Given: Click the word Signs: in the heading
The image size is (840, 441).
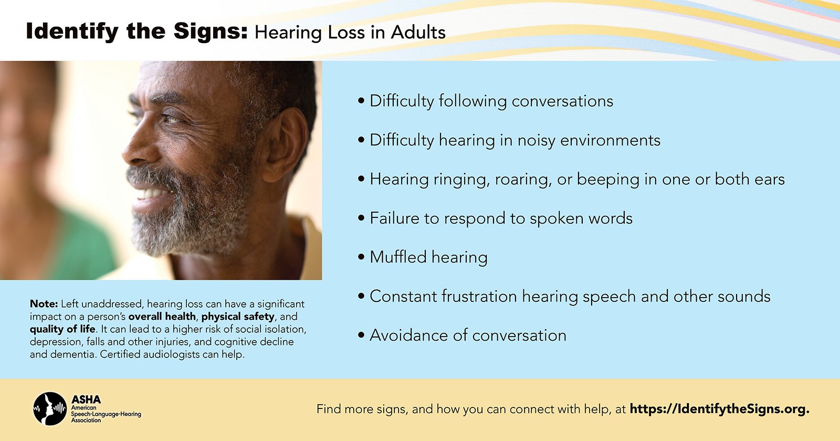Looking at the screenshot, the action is (x=211, y=32).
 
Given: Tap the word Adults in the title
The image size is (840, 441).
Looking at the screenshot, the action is (x=418, y=32).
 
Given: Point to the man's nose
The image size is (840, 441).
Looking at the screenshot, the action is (x=137, y=147).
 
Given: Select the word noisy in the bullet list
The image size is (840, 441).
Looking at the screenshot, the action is (x=536, y=141).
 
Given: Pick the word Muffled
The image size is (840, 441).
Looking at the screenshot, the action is (x=398, y=257).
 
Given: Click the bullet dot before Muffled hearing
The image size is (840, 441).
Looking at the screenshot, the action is (x=361, y=258).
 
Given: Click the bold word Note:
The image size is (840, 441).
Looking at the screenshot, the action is (x=44, y=303).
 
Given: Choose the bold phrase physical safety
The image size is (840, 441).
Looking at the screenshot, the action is (x=238, y=317).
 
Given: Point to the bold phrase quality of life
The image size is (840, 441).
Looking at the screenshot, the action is (x=62, y=329).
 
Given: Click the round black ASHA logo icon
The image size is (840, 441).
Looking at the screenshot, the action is (x=50, y=409).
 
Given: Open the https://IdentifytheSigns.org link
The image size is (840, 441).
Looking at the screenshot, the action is (x=720, y=409).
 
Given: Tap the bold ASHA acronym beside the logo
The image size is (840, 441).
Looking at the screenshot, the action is (x=86, y=400).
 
